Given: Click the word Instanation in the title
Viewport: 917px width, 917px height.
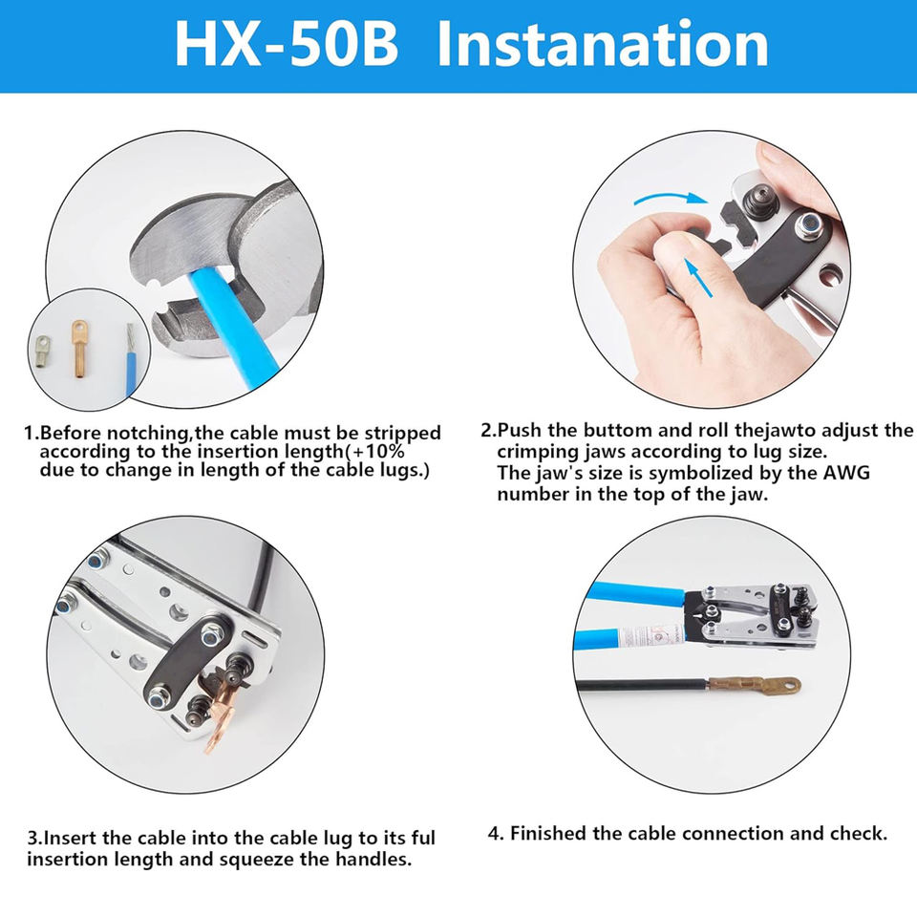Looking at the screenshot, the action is [603, 45].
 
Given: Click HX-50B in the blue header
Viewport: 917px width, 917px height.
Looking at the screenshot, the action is [287, 45].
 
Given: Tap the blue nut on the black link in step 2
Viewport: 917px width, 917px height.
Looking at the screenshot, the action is [809, 225].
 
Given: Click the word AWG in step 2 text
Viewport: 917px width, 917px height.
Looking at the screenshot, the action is [847, 473].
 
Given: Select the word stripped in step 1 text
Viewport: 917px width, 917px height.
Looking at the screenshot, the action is [403, 435].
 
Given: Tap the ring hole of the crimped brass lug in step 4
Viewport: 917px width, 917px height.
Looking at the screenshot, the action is [788, 684].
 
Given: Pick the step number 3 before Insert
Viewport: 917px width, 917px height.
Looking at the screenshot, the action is [32, 838].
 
